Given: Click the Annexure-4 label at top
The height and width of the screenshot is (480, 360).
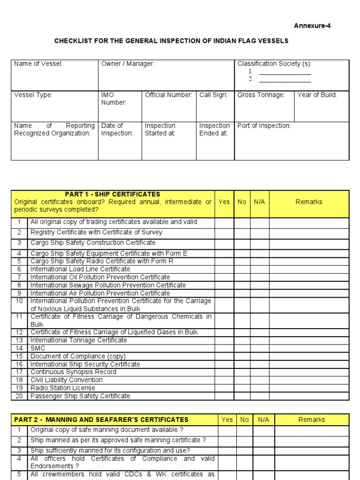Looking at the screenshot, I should click(312, 26).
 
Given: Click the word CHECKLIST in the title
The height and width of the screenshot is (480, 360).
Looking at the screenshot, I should click(72, 41).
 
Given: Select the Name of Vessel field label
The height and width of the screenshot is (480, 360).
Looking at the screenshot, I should click(38, 64).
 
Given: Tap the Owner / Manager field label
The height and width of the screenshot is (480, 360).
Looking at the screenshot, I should click(127, 64).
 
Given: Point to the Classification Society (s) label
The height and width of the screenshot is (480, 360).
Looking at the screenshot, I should click(274, 64).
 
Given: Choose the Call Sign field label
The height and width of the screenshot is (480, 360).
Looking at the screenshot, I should click(213, 95).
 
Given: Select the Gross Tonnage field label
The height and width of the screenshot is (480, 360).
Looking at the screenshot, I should click(261, 95).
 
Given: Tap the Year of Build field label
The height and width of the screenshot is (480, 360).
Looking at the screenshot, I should click(317, 95).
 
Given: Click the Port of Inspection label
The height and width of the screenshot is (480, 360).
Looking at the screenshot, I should click(264, 126).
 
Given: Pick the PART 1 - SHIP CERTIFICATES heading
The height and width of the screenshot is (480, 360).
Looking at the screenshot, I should click(112, 194).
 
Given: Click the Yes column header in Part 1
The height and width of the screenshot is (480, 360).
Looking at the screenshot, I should click(224, 202).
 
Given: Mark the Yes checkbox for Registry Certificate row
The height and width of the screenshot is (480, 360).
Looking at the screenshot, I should click(224, 232).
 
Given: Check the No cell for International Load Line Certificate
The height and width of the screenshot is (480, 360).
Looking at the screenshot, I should click(242, 270).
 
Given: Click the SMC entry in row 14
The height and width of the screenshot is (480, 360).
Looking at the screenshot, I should click(38, 348).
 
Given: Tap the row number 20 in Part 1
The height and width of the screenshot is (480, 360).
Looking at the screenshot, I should click(19, 396).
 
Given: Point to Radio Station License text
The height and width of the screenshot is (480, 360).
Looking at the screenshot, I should click(63, 388).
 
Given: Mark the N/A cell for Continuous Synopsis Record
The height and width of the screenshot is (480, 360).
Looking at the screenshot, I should click(259, 372).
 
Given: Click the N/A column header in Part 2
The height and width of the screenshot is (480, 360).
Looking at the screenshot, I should click(263, 420).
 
